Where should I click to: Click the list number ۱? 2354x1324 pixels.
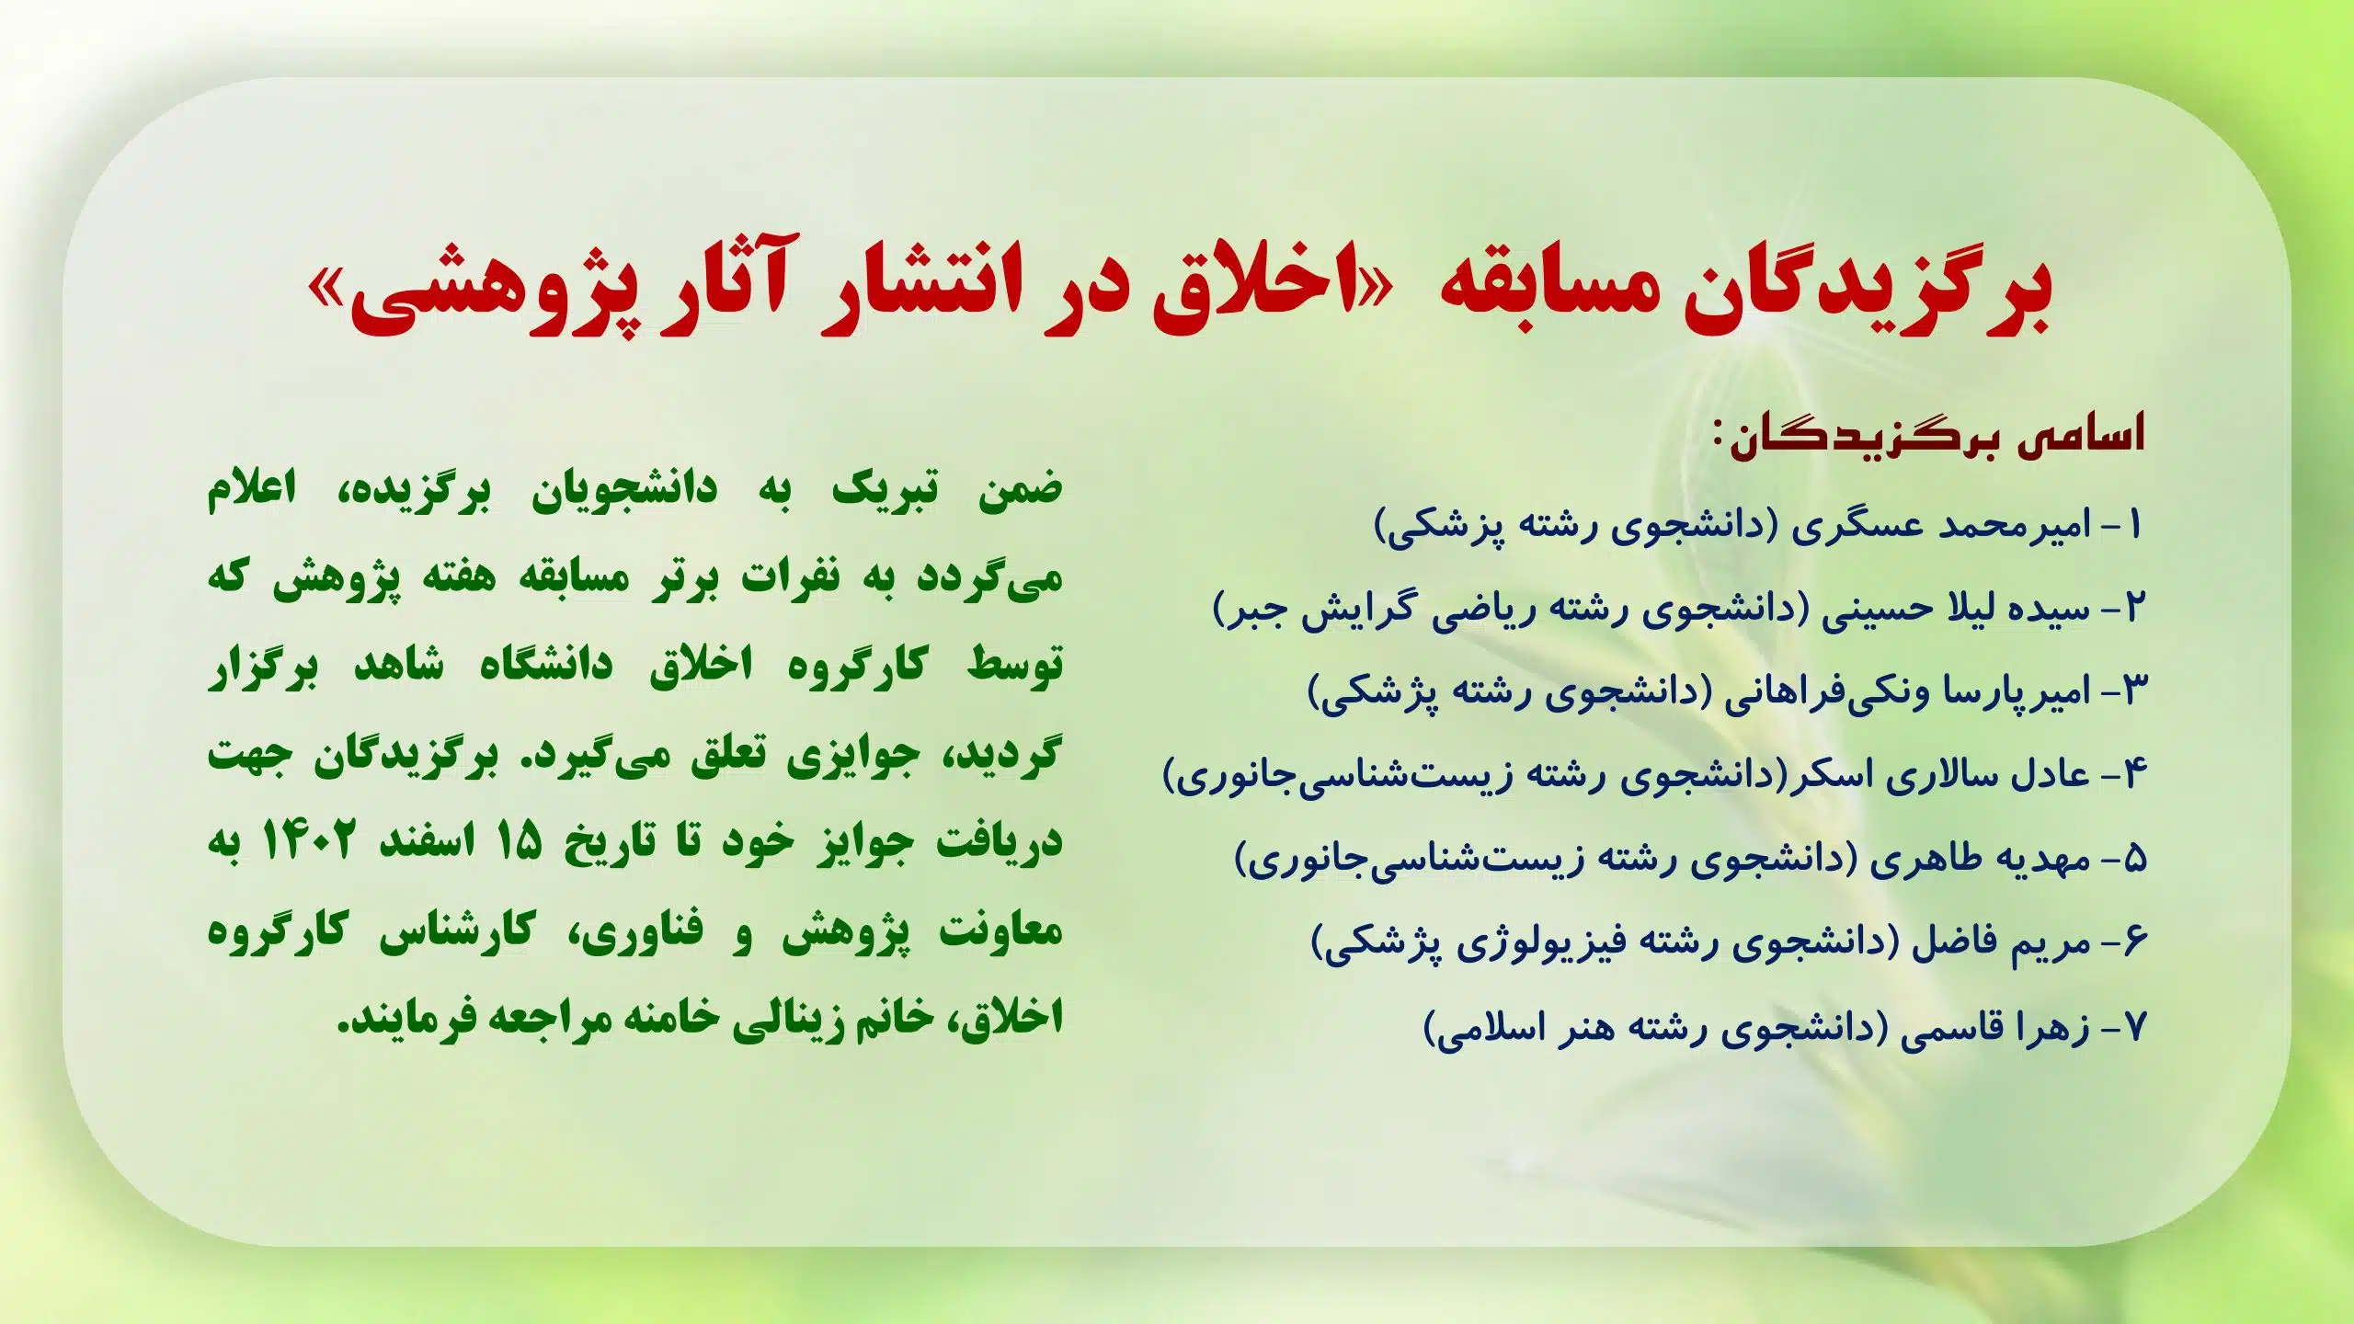point(2134,525)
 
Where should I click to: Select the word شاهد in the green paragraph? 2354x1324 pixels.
point(399,665)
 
